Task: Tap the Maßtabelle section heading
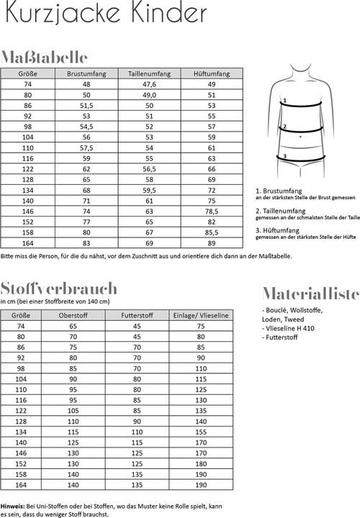(x=45, y=57)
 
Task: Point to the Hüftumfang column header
(x=212, y=73)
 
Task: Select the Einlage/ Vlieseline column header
(x=201, y=315)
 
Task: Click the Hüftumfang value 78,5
(x=212, y=212)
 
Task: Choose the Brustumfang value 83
(x=86, y=245)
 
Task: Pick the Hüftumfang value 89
(x=212, y=245)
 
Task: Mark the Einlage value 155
(x=201, y=432)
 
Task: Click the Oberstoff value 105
(x=73, y=411)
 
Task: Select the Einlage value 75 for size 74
(x=201, y=326)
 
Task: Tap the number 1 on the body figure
(x=285, y=101)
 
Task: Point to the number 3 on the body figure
(x=284, y=156)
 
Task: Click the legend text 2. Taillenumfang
(x=282, y=210)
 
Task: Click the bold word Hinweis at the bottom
(x=13, y=506)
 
